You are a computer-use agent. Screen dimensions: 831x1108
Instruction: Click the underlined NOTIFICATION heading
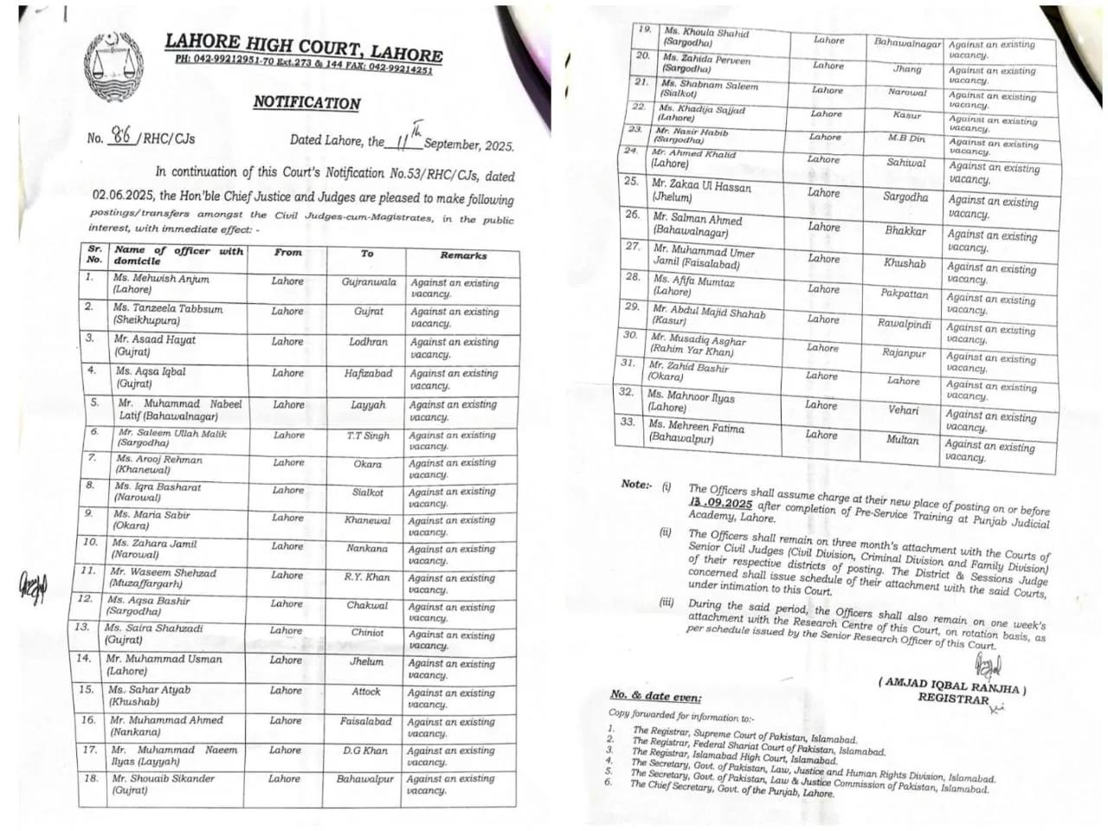pos(306,102)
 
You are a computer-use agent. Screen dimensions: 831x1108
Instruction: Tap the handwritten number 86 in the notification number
pos(121,137)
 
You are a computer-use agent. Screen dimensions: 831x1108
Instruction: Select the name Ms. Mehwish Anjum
pos(161,279)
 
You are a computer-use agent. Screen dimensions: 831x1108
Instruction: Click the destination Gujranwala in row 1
pos(369,282)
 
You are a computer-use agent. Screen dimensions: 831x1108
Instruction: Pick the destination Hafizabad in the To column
pos(368,373)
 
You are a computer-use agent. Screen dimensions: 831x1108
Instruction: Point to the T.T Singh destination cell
pos(368,436)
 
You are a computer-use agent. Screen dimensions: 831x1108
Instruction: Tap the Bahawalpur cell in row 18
pos(365,779)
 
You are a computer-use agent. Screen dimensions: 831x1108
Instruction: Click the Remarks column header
pos(463,255)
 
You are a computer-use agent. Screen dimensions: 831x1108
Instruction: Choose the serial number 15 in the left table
pos(87,690)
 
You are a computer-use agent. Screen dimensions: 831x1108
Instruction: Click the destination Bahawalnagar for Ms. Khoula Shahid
pos(907,42)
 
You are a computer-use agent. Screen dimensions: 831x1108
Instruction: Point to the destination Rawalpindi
pos(904,324)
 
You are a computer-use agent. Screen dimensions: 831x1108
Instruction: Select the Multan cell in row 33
pos(902,440)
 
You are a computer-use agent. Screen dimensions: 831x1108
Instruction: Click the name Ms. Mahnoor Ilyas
pos(691,396)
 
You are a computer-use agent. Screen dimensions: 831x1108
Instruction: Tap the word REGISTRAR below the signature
pos(953,698)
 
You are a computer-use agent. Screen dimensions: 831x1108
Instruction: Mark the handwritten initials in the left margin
pos(33,588)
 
